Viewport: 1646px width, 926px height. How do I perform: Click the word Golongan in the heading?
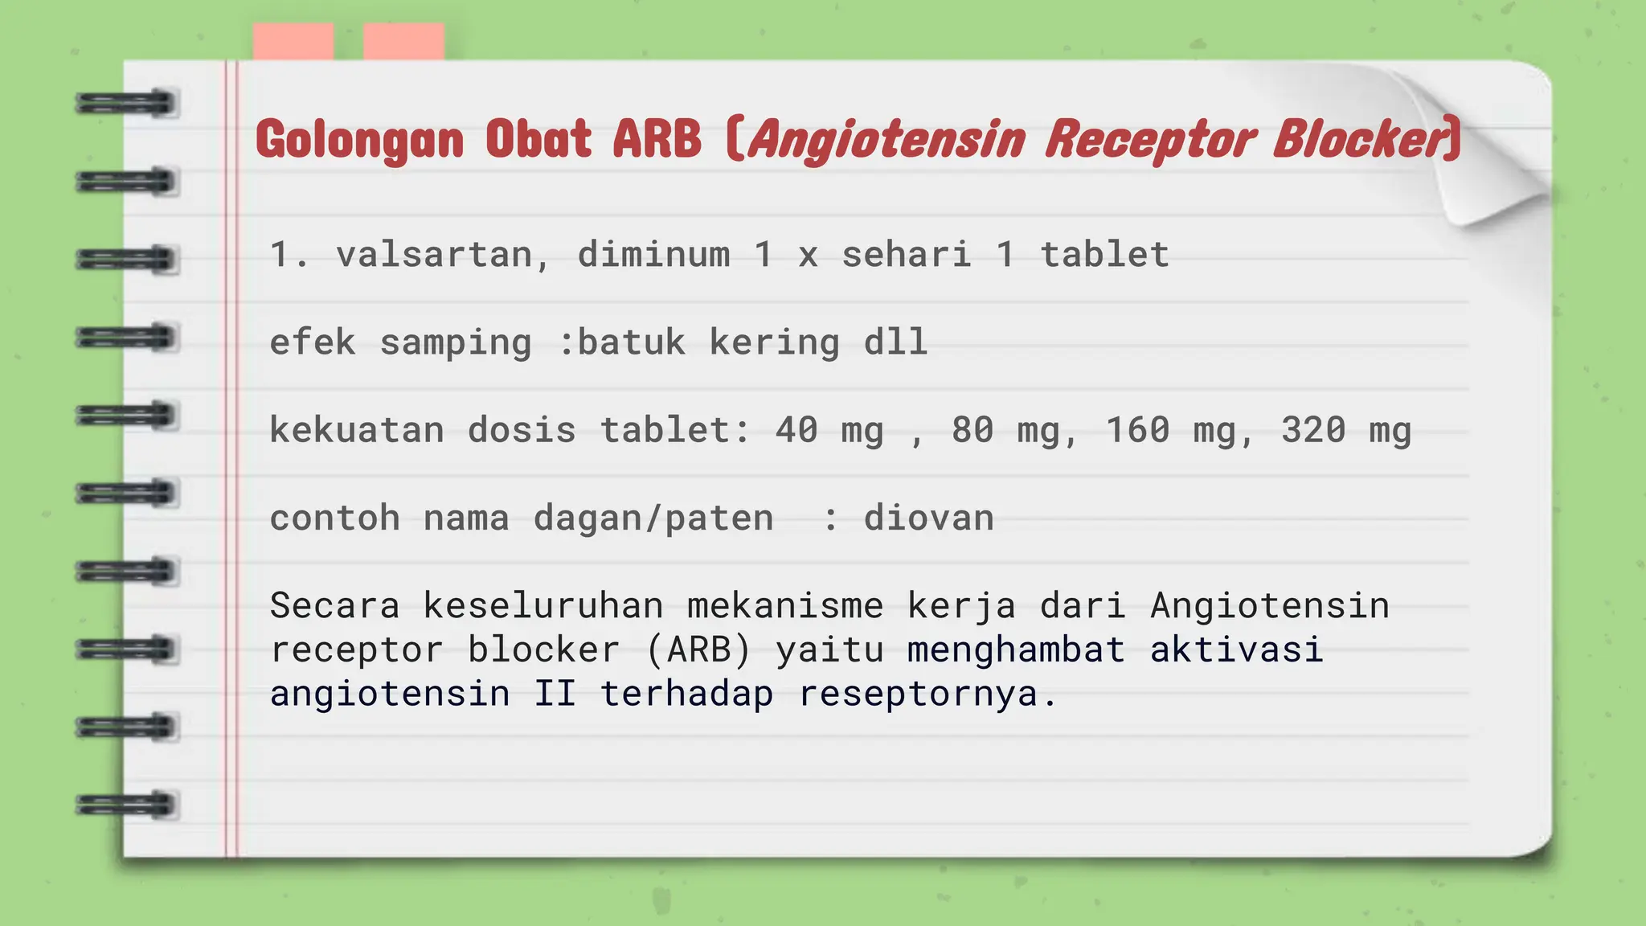coord(359,140)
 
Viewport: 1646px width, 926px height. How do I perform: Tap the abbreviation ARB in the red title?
coord(657,138)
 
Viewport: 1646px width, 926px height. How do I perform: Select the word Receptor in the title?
coord(1149,140)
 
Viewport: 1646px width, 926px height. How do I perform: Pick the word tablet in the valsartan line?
coord(1104,255)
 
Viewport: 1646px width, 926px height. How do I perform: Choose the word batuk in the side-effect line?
coord(632,342)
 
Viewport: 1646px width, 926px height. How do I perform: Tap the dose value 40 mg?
coord(829,431)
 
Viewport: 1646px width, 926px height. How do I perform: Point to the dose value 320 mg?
coord(1345,431)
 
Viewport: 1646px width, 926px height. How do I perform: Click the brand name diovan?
coord(928,518)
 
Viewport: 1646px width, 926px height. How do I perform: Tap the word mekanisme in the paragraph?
coord(784,606)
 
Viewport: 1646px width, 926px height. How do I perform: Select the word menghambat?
coord(1016,649)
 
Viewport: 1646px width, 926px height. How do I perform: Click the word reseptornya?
coord(927,694)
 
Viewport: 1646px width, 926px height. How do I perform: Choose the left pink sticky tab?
coord(293,42)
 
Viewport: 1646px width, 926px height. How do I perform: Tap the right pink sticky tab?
coord(403,42)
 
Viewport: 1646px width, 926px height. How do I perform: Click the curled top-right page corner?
coord(1487,161)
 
